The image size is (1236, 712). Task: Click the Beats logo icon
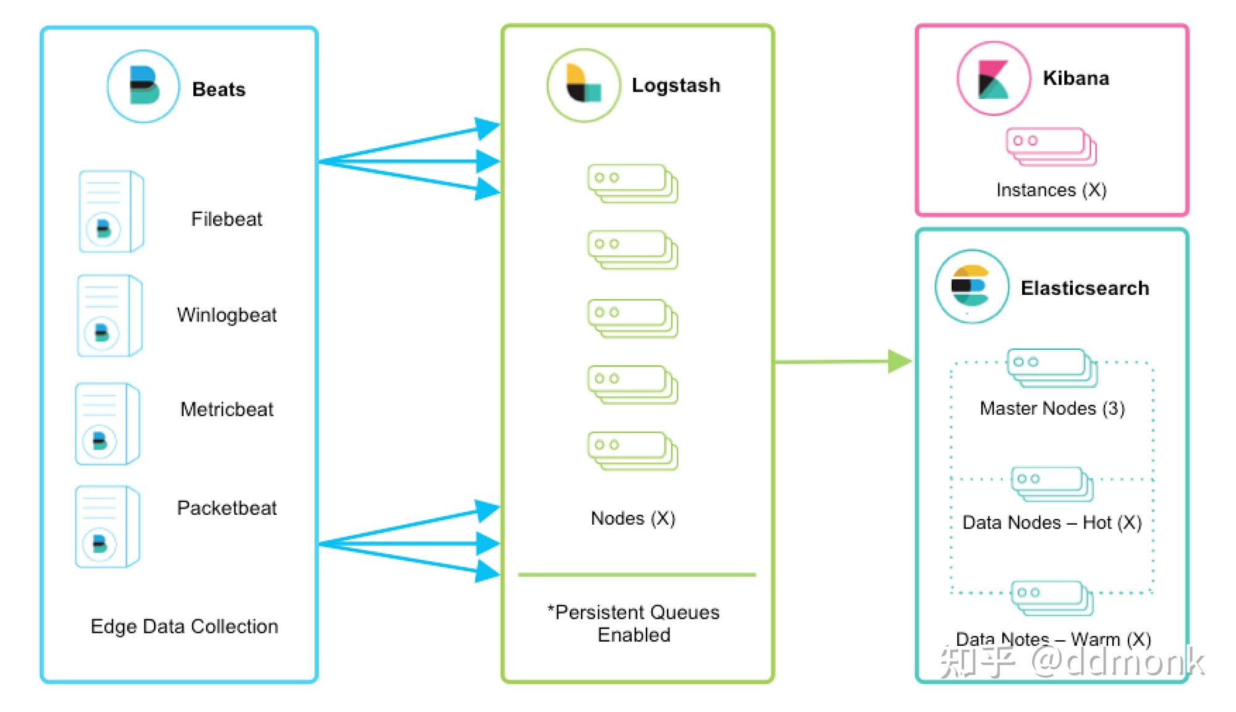click(143, 87)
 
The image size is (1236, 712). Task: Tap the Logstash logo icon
click(583, 85)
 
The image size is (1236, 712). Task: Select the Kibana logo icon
click(994, 78)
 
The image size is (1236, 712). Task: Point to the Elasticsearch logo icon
click(972, 287)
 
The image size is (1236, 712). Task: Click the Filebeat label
click(227, 219)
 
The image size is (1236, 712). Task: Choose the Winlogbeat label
click(227, 315)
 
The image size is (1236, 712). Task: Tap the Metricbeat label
click(227, 409)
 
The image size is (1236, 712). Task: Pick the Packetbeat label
click(227, 507)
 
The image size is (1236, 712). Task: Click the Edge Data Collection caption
click(184, 627)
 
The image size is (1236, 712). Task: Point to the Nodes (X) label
click(633, 518)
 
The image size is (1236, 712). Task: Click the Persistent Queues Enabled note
click(634, 623)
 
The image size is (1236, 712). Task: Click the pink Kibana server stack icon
click(1051, 147)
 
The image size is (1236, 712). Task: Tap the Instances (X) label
click(1051, 190)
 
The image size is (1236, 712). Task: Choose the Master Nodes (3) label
click(1052, 409)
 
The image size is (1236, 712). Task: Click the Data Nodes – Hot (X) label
click(1052, 523)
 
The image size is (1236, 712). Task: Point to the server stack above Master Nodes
click(1052, 368)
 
